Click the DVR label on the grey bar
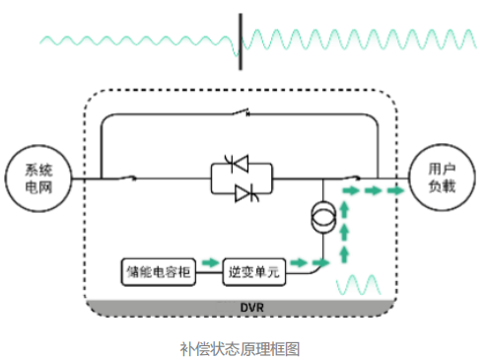[252, 308]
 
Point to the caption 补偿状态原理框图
[240, 349]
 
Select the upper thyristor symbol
[238, 163]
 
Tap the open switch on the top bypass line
[241, 112]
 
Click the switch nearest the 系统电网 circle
[126, 178]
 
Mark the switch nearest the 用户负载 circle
[351, 178]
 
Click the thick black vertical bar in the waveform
[241, 41]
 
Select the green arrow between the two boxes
[210, 262]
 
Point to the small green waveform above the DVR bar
[358, 285]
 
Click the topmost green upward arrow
[344, 210]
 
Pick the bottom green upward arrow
[344, 255]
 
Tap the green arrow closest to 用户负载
[395, 190]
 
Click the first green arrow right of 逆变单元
[299, 262]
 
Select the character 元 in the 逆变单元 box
[273, 272]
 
